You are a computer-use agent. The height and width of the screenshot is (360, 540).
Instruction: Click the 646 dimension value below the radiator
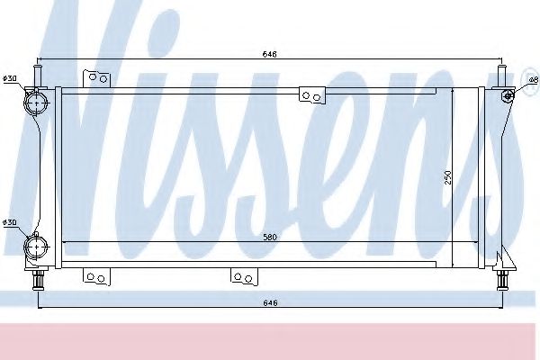[x=270, y=302]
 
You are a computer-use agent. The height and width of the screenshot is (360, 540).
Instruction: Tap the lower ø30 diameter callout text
[x=11, y=222]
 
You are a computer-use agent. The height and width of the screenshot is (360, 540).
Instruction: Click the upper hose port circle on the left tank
[x=38, y=102]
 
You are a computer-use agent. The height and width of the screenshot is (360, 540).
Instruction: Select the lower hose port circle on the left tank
[x=38, y=245]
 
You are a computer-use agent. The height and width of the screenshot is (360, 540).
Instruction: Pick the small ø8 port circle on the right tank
[x=508, y=95]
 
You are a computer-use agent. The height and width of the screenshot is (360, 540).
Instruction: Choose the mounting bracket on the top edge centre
[x=311, y=94]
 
